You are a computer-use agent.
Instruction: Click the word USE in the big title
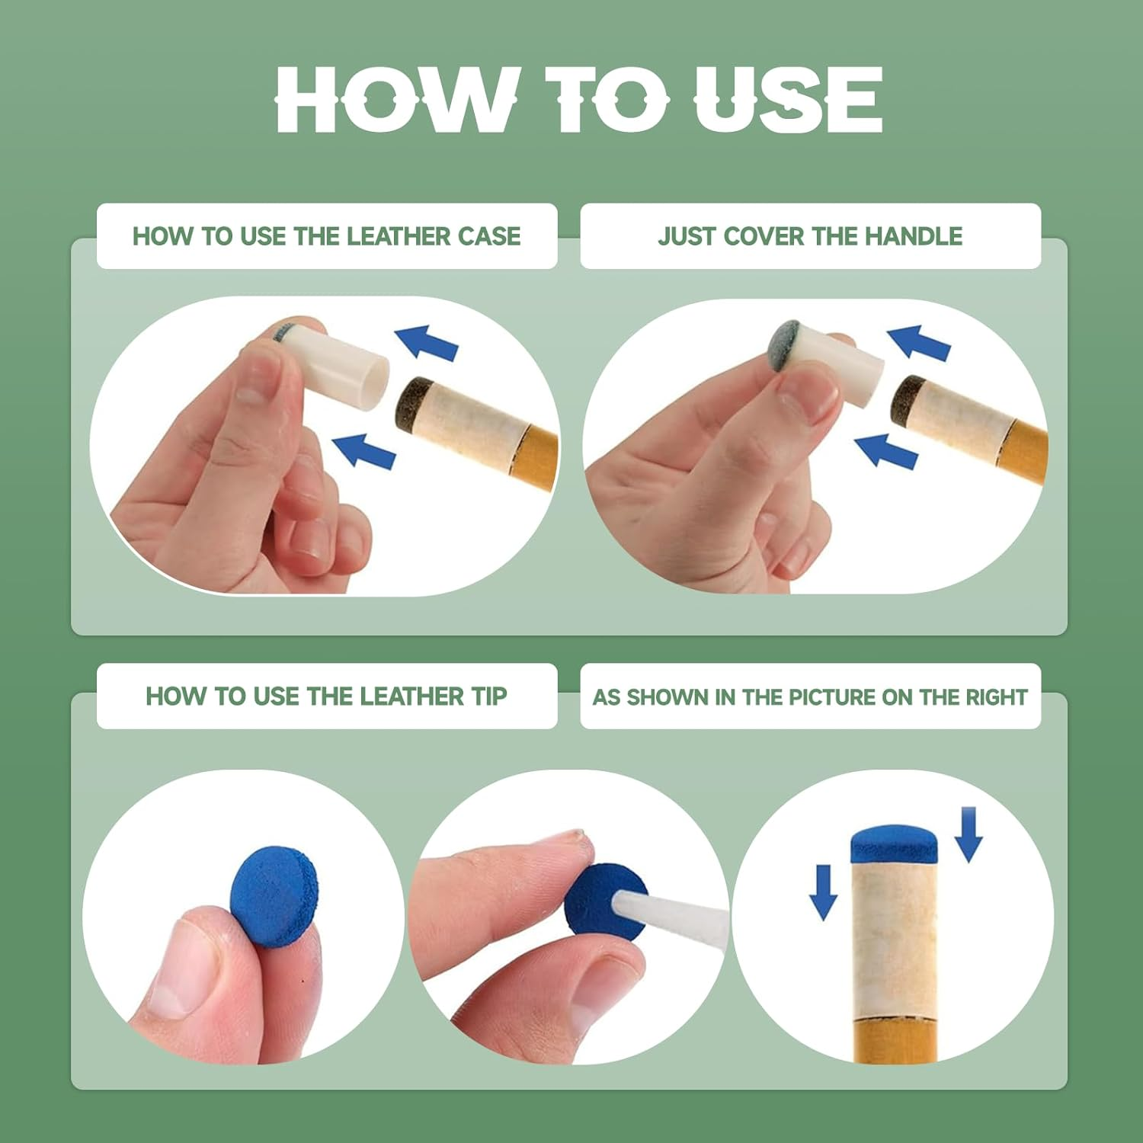coord(788,99)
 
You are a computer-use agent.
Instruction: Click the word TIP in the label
coord(489,696)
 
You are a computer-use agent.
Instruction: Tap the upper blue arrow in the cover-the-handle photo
coord(919,341)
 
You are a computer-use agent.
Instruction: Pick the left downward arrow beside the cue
coord(823,892)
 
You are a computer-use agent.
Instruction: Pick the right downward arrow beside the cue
coord(969,834)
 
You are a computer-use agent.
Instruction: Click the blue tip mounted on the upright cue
coord(894,844)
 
